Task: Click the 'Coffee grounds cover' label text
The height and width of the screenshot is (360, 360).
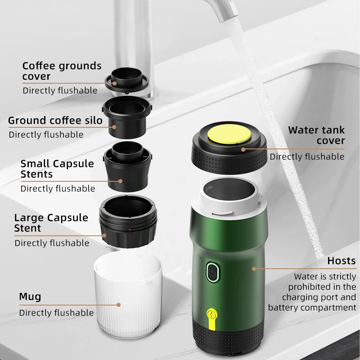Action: pyautogui.click(x=62, y=71)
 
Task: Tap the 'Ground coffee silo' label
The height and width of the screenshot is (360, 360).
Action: pyautogui.click(x=55, y=121)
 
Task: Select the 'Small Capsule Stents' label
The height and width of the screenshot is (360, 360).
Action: pyautogui.click(x=57, y=169)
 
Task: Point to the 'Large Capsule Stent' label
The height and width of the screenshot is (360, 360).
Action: pyautogui.click(x=51, y=223)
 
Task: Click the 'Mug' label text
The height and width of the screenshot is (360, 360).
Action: pyautogui.click(x=30, y=297)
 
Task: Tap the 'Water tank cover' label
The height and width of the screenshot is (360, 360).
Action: pyautogui.click(x=316, y=135)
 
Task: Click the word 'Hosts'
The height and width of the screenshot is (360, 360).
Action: pyautogui.click(x=341, y=261)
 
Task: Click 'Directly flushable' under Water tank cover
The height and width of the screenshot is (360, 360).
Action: pyautogui.click(x=307, y=157)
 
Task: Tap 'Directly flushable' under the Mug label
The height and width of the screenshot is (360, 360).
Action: pyautogui.click(x=56, y=313)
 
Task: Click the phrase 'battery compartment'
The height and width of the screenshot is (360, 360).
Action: pyautogui.click(x=312, y=308)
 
